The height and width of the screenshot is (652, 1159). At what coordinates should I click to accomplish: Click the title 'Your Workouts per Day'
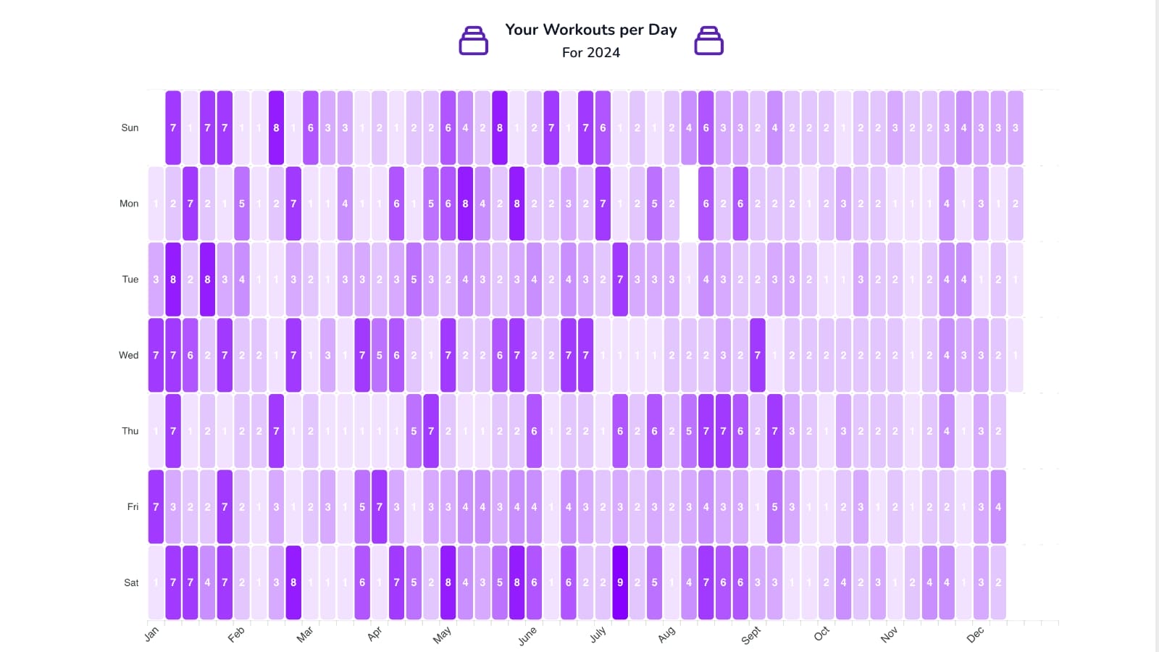tap(590, 30)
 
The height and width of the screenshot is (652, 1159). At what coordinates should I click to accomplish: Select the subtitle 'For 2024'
tap(590, 53)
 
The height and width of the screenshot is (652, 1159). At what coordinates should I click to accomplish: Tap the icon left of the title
tap(474, 41)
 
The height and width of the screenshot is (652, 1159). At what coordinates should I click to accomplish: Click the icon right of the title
tap(708, 41)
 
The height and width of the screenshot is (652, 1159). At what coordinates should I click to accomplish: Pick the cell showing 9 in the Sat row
tap(620, 582)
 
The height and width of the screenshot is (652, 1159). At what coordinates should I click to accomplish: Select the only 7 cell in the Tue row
tap(620, 280)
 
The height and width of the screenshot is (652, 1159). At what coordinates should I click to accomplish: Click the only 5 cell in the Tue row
tap(414, 280)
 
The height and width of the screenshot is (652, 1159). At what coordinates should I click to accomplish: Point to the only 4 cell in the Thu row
tap(947, 431)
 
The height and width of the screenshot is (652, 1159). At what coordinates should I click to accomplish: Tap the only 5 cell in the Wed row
tap(379, 356)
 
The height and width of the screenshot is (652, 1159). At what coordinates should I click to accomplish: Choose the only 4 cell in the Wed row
tap(947, 356)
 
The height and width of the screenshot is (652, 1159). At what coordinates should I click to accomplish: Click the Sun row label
tap(130, 128)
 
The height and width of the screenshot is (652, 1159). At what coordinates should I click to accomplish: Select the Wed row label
tap(129, 356)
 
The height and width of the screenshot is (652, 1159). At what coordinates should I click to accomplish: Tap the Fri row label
tap(133, 507)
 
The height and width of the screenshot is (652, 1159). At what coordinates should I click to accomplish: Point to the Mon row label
tap(129, 204)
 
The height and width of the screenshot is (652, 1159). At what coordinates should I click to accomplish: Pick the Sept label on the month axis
tap(751, 635)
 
